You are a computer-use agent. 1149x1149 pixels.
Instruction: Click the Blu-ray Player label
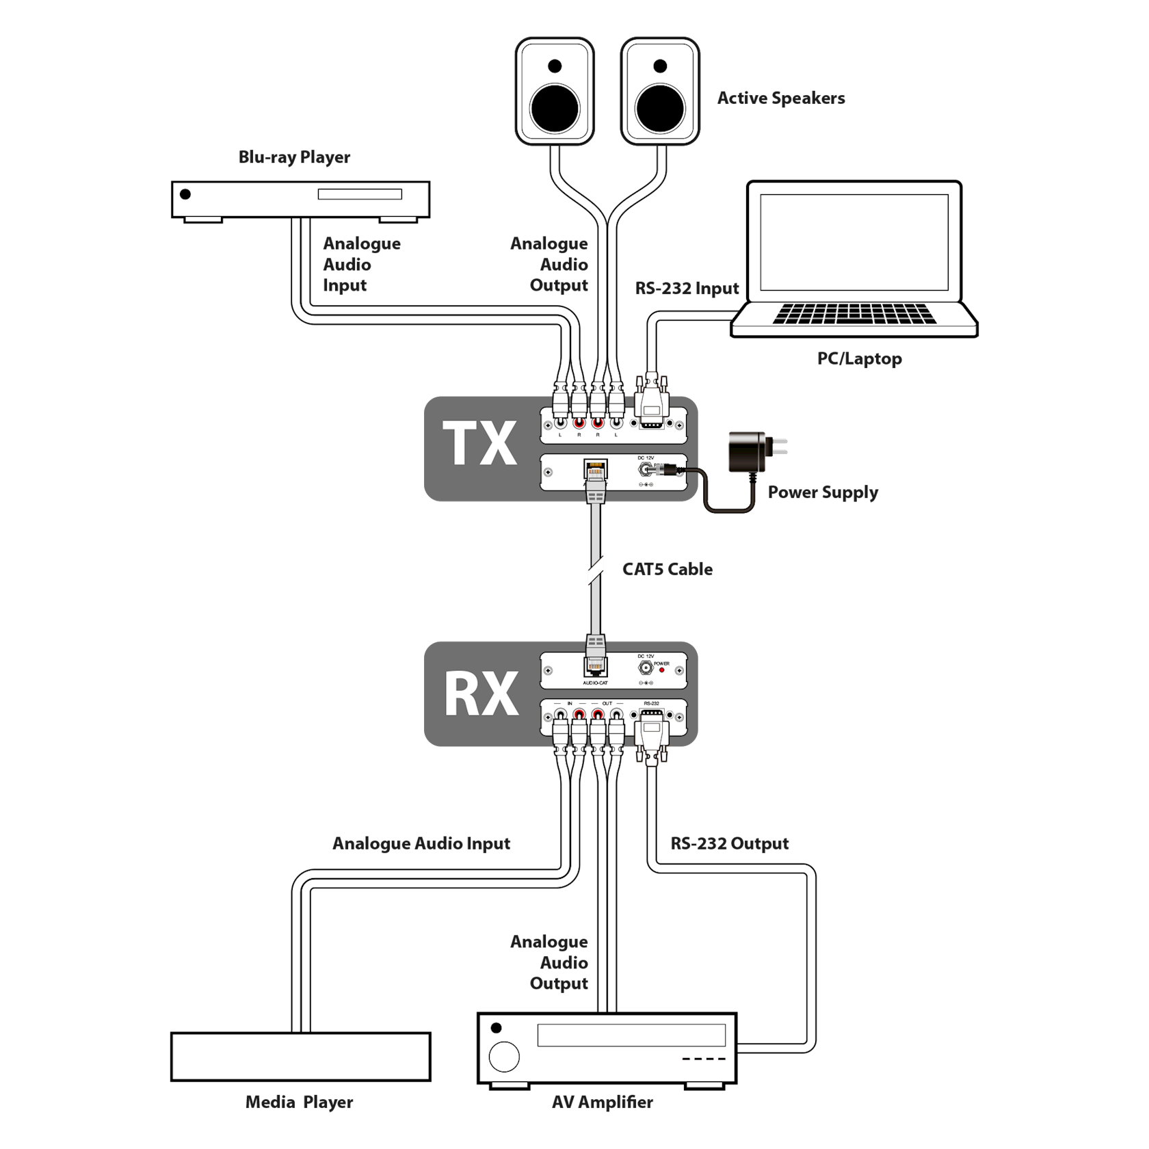(x=295, y=157)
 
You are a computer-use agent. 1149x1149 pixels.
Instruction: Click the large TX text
(x=480, y=444)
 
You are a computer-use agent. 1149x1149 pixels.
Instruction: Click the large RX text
(x=481, y=694)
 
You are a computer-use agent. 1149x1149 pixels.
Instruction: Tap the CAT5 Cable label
(x=668, y=569)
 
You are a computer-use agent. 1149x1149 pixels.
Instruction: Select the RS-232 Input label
(x=687, y=289)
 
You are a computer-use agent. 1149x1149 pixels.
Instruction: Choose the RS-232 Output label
(x=730, y=843)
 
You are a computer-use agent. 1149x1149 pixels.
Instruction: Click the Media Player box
(x=300, y=1056)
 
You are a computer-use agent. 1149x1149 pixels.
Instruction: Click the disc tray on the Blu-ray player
(x=359, y=195)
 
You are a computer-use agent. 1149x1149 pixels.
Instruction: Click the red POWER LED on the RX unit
(x=661, y=670)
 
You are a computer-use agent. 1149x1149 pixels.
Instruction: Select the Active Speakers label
(x=781, y=98)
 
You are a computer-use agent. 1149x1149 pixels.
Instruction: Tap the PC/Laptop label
(x=859, y=358)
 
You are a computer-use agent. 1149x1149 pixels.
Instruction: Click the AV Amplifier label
(x=603, y=1102)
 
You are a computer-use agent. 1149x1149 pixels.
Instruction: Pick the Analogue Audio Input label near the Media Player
(x=421, y=843)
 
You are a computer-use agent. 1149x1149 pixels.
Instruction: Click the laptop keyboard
(x=854, y=314)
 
